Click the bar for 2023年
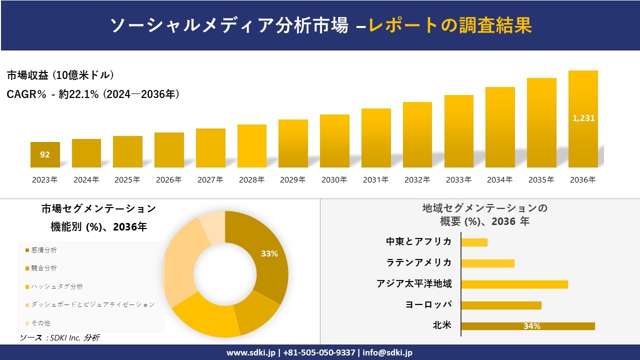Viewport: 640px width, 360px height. click(45, 154)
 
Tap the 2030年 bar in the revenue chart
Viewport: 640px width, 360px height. click(334, 141)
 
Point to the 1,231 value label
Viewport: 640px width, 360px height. click(583, 118)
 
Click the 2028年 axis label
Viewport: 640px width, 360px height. click(251, 180)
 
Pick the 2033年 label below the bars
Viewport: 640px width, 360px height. click(458, 180)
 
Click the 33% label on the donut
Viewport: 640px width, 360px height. click(269, 253)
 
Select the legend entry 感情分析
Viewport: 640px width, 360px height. click(44, 250)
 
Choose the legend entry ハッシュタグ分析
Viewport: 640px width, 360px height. click(56, 286)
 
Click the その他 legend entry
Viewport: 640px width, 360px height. click(40, 323)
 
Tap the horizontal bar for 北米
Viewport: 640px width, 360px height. click(527, 326)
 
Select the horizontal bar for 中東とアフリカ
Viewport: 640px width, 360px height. click(474, 242)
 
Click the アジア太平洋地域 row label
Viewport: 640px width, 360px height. click(414, 284)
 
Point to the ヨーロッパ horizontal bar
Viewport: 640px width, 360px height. click(501, 305)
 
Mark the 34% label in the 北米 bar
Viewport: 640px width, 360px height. click(531, 326)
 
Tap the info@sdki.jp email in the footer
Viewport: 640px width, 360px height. click(387, 352)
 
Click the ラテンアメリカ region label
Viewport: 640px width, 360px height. click(419, 263)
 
